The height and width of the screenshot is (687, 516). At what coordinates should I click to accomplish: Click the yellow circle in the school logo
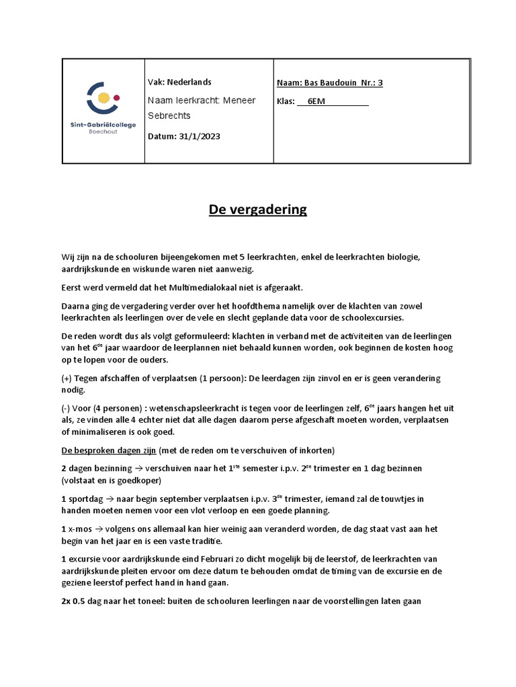pos(104,99)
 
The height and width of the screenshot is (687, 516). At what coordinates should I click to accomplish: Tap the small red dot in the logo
pos(117,98)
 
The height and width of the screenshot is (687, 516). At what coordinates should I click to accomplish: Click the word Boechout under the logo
pos(102,131)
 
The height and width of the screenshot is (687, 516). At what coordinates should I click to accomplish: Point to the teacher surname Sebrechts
pos(169,115)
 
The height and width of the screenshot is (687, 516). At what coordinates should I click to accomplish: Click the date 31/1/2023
pos(200,136)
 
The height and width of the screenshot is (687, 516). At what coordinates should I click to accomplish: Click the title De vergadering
pos(257,209)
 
